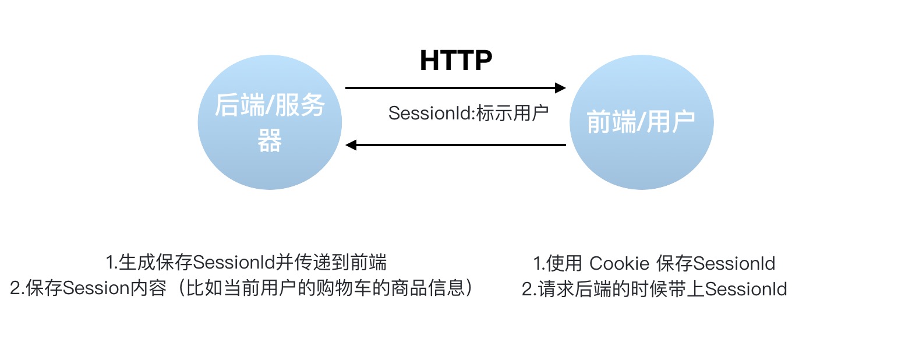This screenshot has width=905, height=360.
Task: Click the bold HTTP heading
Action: pos(456,61)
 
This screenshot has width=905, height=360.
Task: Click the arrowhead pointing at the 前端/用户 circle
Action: pos(560,88)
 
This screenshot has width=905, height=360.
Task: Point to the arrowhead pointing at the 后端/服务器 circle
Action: pos(351,144)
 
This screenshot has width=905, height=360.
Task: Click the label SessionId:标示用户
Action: pos(469,113)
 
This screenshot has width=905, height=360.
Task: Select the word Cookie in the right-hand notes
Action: pos(620,263)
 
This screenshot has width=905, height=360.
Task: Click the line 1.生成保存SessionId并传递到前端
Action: pos(246,263)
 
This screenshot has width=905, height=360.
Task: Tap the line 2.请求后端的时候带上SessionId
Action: pos(655,289)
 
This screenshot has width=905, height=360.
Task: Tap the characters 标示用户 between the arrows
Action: pos(512,113)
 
